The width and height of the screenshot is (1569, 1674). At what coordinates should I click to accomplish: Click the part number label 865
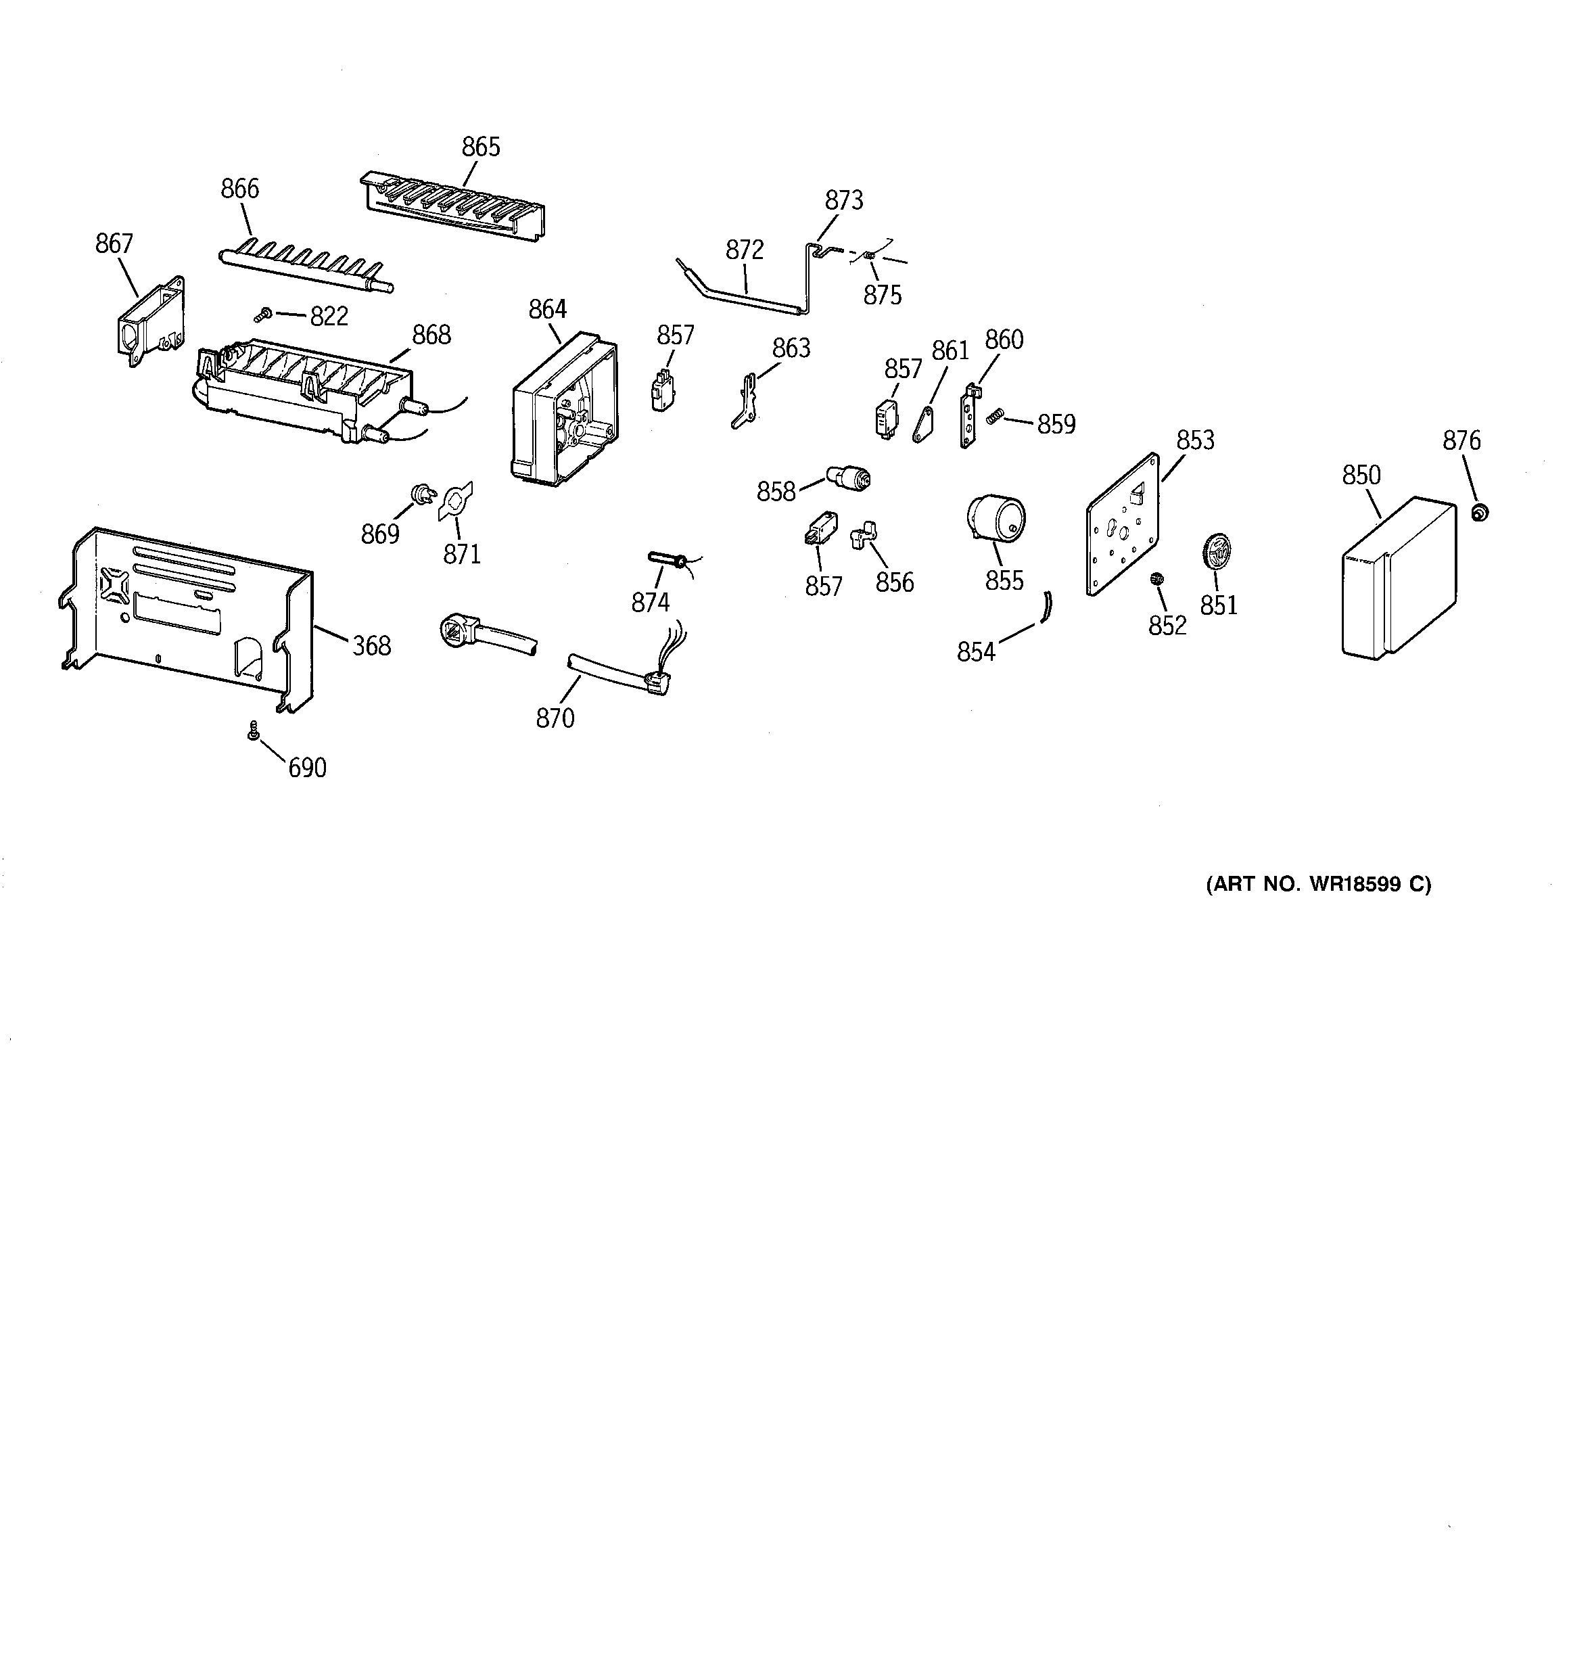(481, 147)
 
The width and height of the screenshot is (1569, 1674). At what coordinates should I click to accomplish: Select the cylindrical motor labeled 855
(996, 517)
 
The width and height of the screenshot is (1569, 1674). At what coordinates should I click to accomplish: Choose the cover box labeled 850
(1397, 580)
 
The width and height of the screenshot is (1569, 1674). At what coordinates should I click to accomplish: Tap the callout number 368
(371, 646)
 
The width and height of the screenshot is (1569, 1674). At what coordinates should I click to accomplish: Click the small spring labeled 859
(996, 415)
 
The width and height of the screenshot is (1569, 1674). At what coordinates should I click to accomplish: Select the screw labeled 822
(261, 315)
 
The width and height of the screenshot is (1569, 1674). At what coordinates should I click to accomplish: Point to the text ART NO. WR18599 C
(1318, 884)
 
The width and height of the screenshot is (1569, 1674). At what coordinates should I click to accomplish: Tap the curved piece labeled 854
(1047, 605)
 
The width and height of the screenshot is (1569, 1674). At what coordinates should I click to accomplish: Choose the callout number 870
(555, 718)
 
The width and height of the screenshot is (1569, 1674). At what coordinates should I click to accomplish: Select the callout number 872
(745, 250)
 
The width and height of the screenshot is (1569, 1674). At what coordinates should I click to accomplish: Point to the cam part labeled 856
(864, 536)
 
